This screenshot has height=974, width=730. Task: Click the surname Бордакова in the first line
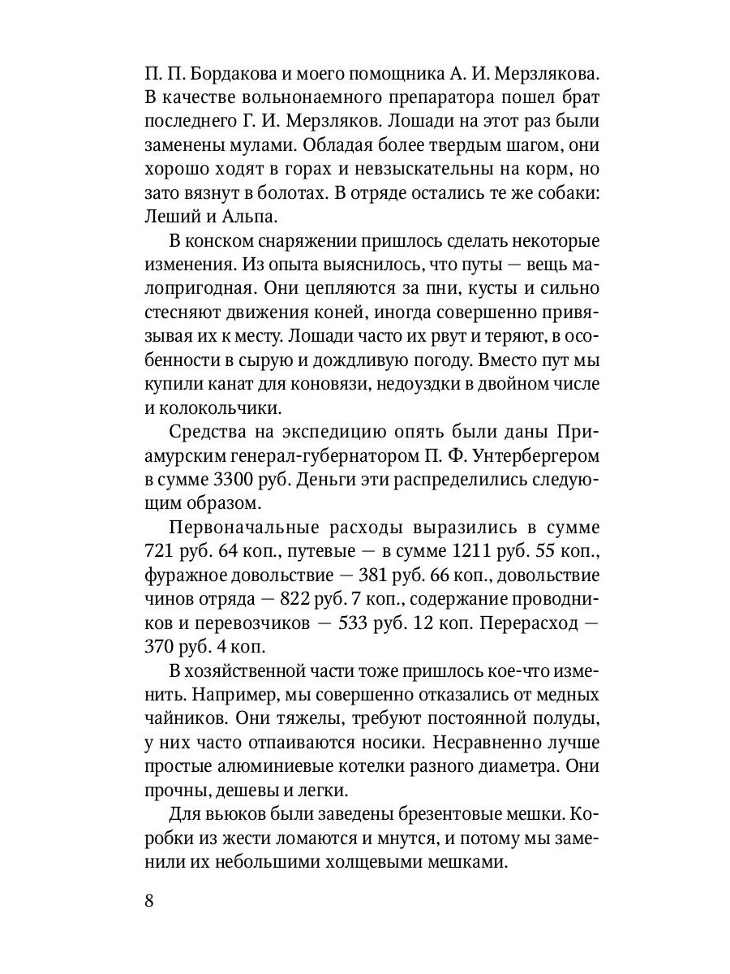tap(235, 75)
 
